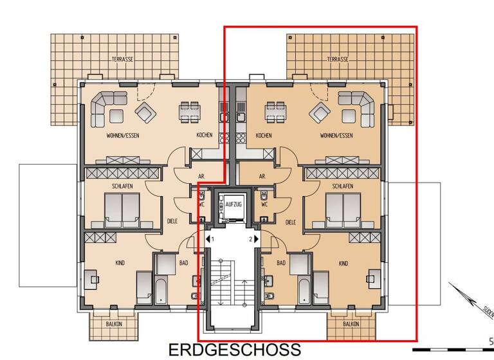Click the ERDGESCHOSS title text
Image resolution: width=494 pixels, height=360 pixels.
pos(234,350)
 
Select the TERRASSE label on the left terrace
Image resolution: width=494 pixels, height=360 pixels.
pos(122,59)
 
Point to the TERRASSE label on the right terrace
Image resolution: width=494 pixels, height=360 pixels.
pos(337,59)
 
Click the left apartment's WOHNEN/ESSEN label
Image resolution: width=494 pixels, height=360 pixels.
pos(123,136)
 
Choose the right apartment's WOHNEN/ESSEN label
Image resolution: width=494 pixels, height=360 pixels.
pos(337,136)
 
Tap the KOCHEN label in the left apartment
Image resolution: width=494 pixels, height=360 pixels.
pos(205,136)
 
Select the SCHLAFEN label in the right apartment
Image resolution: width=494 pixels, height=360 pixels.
pos(342,186)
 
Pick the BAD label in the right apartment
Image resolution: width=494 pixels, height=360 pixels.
pos(281,264)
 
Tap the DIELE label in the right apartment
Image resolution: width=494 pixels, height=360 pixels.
pos(290,222)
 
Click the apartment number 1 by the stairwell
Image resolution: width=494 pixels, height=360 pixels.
pos(212,239)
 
